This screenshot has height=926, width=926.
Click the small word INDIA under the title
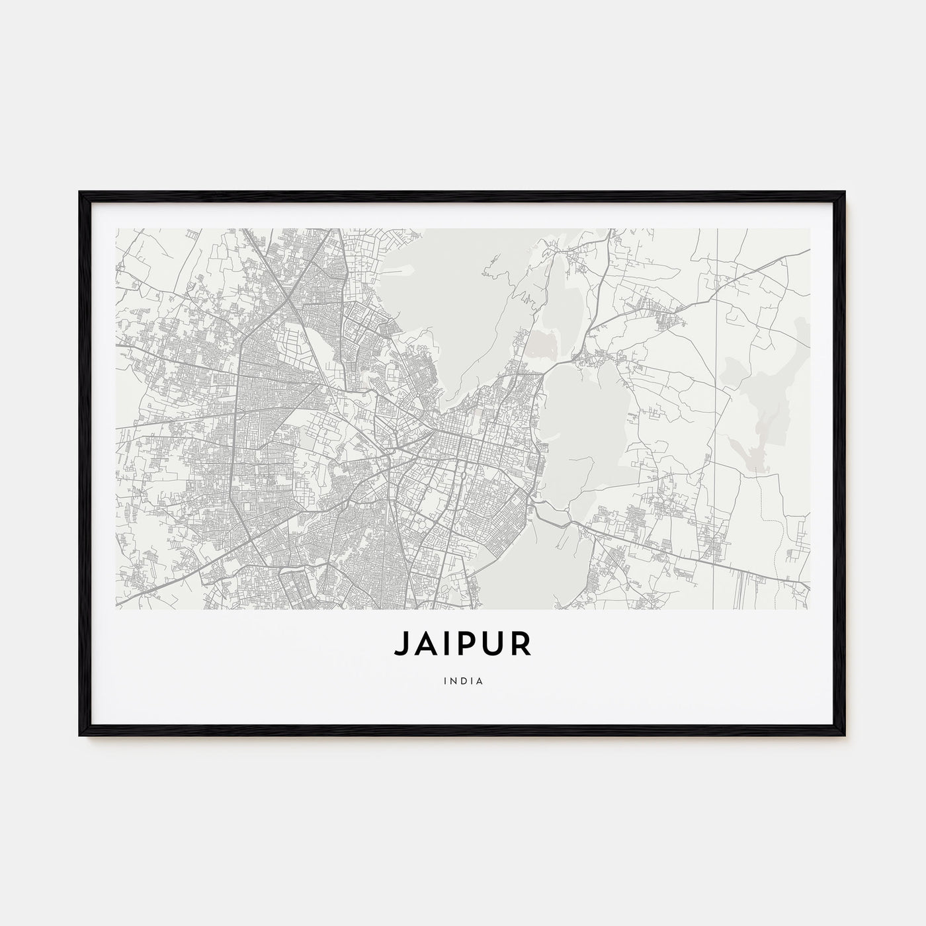463,679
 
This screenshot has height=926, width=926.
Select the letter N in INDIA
454,679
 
